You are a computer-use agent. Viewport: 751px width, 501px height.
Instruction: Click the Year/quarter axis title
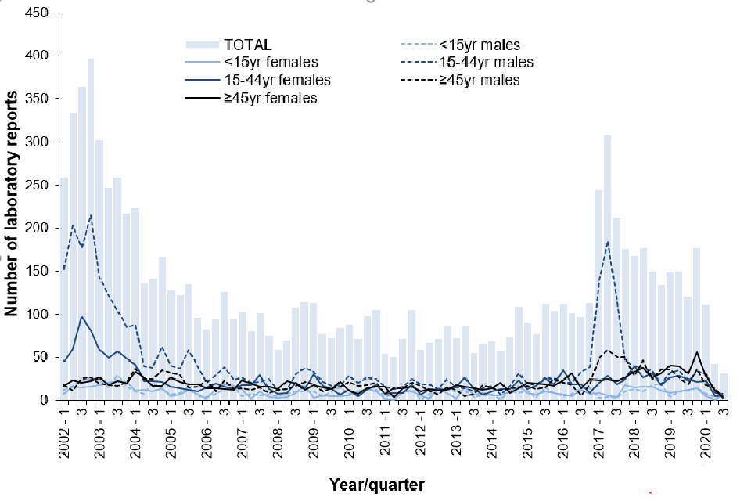tap(377, 485)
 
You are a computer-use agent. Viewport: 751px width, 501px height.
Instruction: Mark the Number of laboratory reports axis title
tap(12, 204)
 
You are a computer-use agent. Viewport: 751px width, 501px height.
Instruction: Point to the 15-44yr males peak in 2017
tap(607, 243)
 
